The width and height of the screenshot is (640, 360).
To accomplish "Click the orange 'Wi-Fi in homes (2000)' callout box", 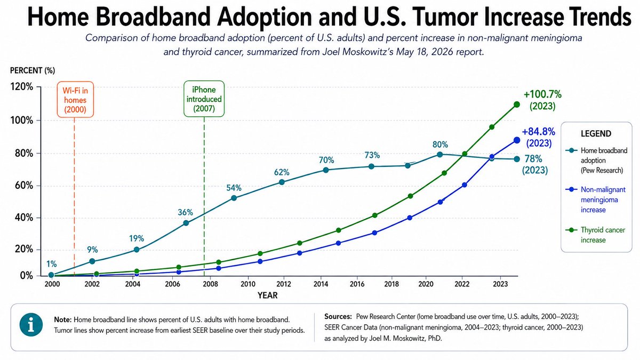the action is pos(75,99).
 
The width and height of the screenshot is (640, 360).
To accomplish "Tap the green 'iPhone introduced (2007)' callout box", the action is pos(204,99).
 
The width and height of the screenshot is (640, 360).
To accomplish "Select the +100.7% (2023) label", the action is pos(542,100).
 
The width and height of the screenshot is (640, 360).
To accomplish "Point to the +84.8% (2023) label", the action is pos(539,138).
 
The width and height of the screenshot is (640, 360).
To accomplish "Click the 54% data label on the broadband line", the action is pos(234,188).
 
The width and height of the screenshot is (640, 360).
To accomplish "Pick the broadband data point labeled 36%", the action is pos(186,223).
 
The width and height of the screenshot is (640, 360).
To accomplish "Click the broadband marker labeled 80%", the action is pos(440,155).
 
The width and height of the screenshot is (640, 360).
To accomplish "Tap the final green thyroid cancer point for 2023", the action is pos(517,105).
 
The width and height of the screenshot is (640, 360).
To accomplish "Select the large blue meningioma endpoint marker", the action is pos(517,140).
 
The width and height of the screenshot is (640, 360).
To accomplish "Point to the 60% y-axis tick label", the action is pos(22,186).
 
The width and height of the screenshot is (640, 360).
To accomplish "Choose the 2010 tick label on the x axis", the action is pos(248,284).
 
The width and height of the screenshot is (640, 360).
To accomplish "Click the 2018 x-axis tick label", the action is pos(391,284).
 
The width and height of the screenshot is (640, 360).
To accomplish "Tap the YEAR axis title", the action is pos(267,295).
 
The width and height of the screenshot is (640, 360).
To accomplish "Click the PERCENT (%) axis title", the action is pos(33,70).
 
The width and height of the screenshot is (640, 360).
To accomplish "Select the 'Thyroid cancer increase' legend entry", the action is pos(596,235).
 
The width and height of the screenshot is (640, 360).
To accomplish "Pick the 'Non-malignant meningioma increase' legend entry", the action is pos(596,199).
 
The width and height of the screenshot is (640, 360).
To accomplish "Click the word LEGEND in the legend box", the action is pos(596,134).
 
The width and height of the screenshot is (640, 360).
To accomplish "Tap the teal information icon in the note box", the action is pos(31,325).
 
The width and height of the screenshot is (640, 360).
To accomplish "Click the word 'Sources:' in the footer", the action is pos(338,317).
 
